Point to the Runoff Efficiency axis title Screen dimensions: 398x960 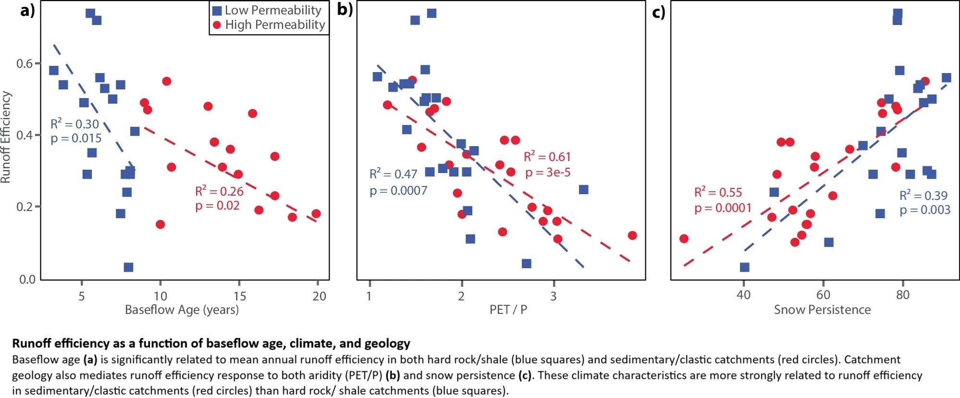click(x=6, y=137)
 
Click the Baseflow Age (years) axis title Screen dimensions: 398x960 click(x=182, y=310)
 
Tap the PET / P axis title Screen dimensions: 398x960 click(x=508, y=310)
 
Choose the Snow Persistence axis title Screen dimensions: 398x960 click(x=822, y=310)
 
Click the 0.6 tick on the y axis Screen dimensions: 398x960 click(x=25, y=63)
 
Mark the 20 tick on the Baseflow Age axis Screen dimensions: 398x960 click(x=319, y=296)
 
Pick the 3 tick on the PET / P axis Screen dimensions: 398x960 click(x=554, y=296)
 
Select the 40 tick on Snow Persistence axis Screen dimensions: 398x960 click(x=743, y=295)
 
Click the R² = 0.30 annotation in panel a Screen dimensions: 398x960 click(x=74, y=124)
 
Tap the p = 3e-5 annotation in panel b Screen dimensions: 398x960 click(x=548, y=173)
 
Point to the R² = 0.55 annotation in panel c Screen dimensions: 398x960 click(x=718, y=193)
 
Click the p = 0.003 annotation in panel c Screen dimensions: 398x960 click(x=925, y=210)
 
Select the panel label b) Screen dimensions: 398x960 click(x=345, y=10)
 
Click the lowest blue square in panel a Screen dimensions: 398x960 click(x=128, y=267)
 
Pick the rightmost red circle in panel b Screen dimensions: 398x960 click(x=632, y=235)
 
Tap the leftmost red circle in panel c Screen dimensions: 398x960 click(x=684, y=238)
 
